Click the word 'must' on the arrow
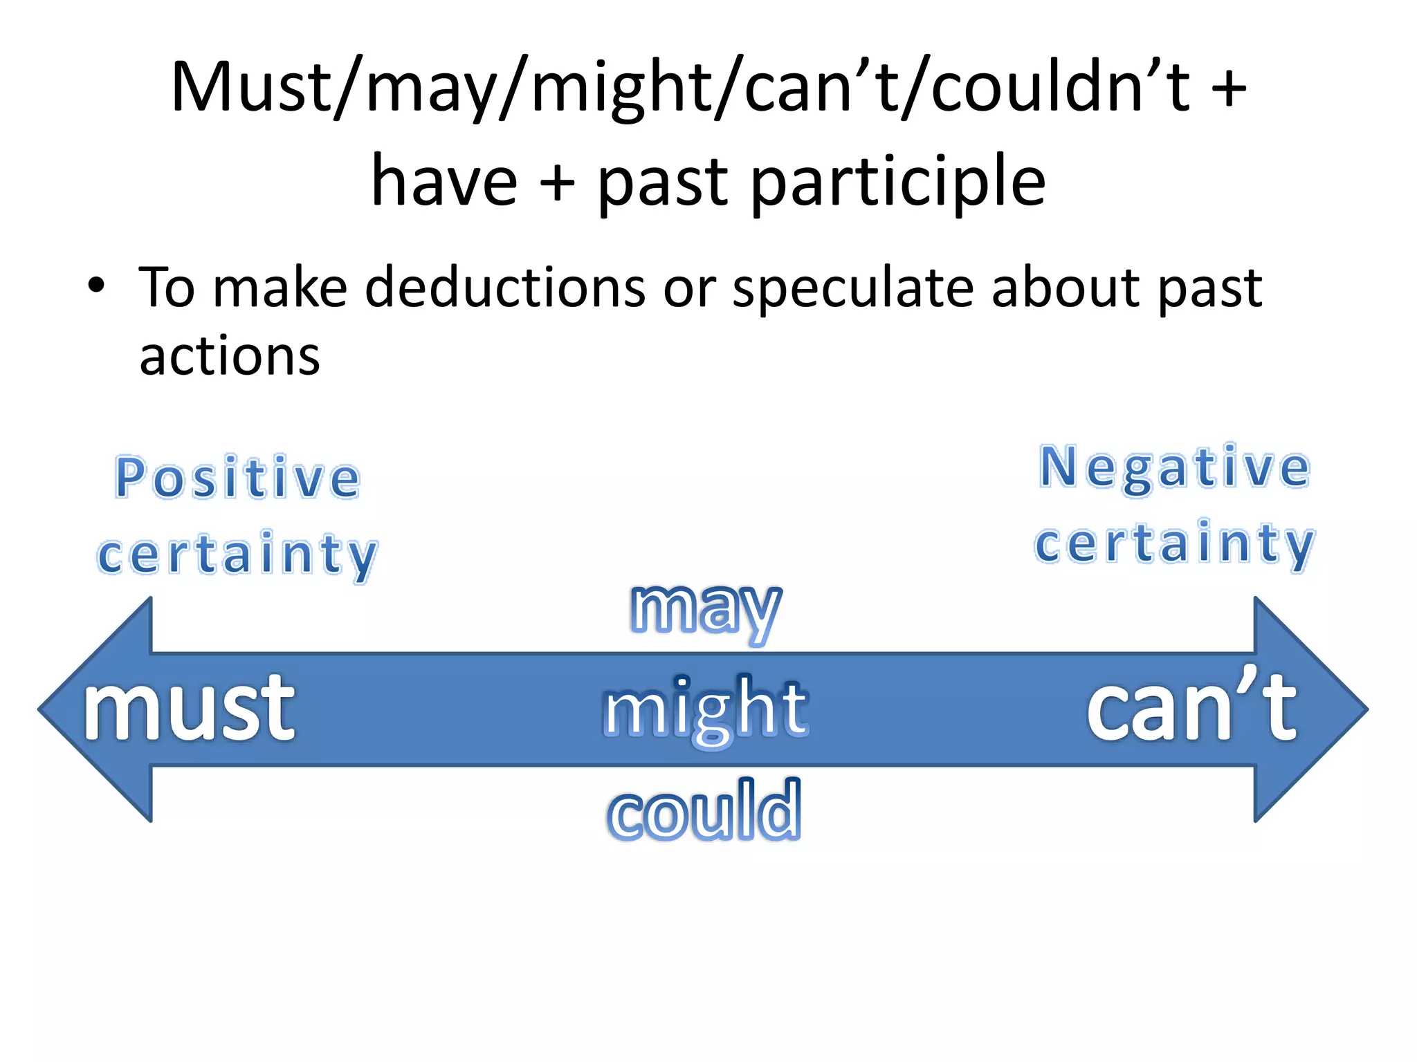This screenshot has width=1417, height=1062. pyautogui.click(x=189, y=709)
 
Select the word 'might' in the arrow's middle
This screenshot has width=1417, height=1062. pyautogui.click(x=705, y=709)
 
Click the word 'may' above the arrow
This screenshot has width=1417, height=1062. pyautogui.click(x=706, y=608)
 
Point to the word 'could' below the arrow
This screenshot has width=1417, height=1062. pyautogui.click(x=704, y=810)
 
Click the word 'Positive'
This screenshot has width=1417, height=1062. pyautogui.click(x=237, y=478)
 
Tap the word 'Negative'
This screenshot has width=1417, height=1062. pyautogui.click(x=1174, y=468)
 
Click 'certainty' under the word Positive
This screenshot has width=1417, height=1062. pyautogui.click(x=237, y=555)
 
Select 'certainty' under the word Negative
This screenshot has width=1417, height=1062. pyautogui.click(x=1174, y=545)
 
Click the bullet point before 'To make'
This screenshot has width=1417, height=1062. pyautogui.click(x=97, y=285)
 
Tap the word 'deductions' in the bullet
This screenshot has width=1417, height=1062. pyautogui.click(x=505, y=288)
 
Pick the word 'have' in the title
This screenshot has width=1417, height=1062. pyautogui.click(x=444, y=181)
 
